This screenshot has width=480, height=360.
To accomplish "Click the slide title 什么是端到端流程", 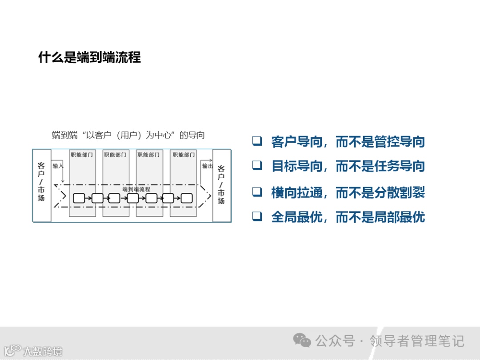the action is pyautogui.click(x=89, y=57).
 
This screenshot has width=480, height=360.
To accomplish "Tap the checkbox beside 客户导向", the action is pyautogui.click(x=257, y=141).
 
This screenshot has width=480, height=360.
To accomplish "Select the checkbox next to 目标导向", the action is pyautogui.click(x=257, y=165).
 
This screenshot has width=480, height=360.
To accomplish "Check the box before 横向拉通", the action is pyautogui.click(x=257, y=192).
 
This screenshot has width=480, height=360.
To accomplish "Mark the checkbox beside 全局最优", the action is pyautogui.click(x=257, y=216).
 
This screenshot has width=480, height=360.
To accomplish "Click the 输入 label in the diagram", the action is pyautogui.click(x=58, y=166).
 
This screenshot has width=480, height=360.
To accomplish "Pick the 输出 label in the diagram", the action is pyautogui.click(x=208, y=166).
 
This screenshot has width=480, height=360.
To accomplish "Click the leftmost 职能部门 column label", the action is pyautogui.click(x=82, y=155).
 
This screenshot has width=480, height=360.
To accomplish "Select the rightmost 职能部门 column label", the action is pyautogui.click(x=184, y=155).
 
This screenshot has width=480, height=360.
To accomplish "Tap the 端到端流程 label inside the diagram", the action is pyautogui.click(x=136, y=189).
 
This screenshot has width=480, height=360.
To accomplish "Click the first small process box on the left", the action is pyautogui.click(x=79, y=198).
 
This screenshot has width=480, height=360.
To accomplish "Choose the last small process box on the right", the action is pyautogui.click(x=187, y=198).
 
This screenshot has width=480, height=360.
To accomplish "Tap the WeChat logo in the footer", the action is pyautogui.click(x=302, y=341).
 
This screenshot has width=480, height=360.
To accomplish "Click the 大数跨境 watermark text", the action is pyautogui.click(x=43, y=352).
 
